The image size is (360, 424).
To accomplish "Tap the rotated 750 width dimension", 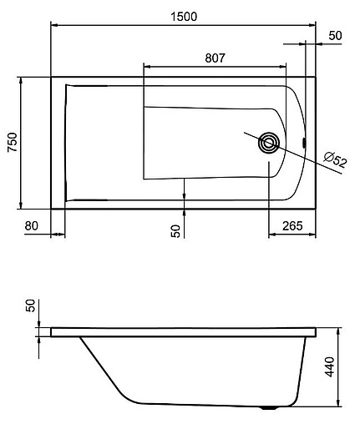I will (x=11, y=143).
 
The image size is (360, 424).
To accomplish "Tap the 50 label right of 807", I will (x=336, y=36).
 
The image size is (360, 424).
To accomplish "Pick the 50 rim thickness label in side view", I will (x=32, y=305).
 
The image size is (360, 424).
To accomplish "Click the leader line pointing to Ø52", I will (x=301, y=155).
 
